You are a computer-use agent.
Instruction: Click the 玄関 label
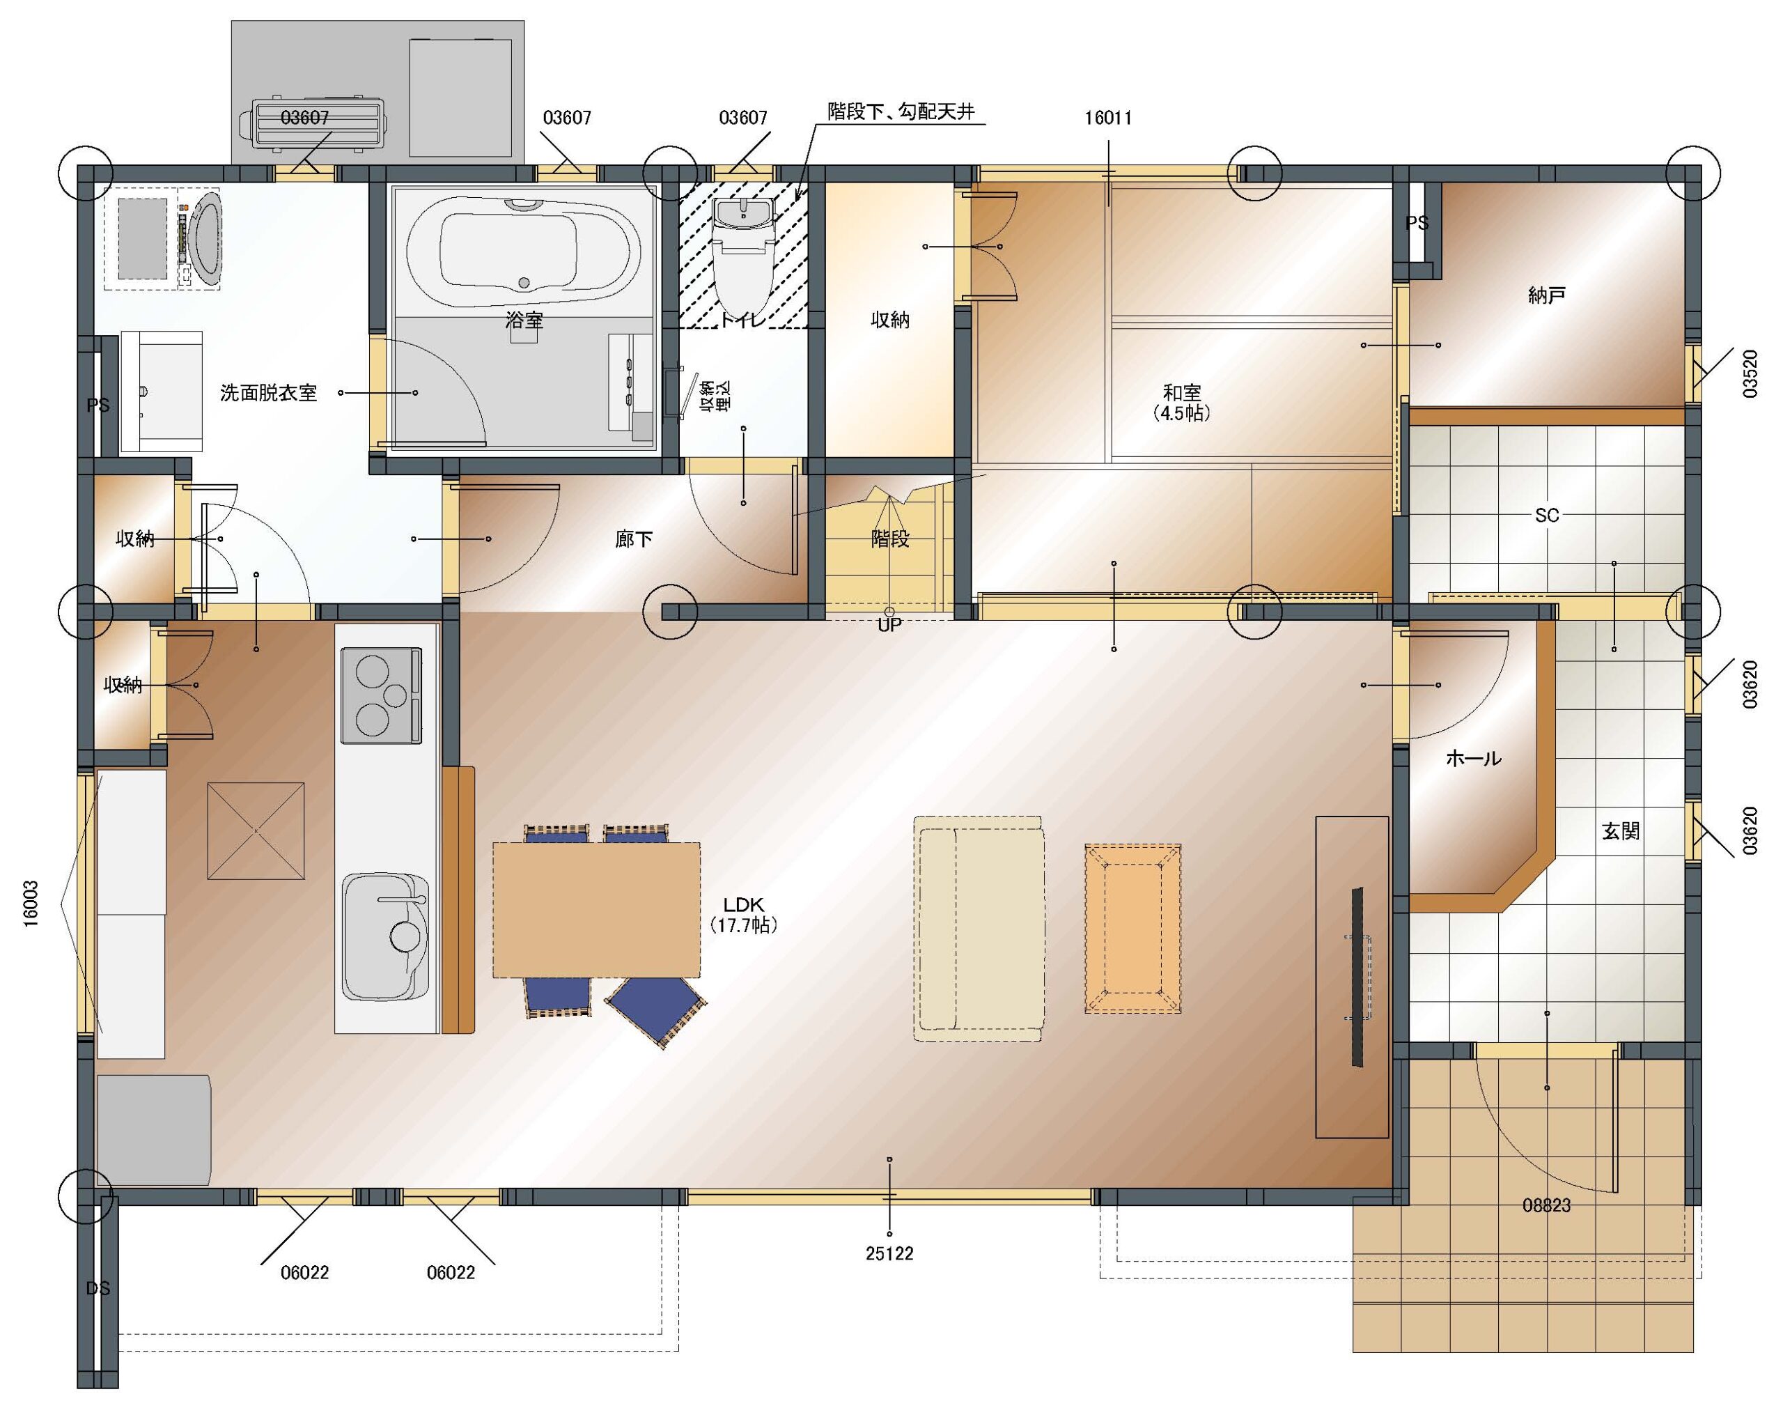(1620, 831)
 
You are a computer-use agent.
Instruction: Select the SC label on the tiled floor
(1546, 516)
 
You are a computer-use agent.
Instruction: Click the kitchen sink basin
(386, 936)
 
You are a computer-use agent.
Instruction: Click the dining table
(596, 909)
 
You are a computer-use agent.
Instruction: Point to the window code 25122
(890, 1253)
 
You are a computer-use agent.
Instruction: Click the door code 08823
(1546, 1205)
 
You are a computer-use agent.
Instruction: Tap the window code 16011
(1108, 118)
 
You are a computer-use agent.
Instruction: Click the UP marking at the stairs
(890, 625)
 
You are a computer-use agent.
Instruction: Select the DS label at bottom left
(98, 1287)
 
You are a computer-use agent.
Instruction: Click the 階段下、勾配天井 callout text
(901, 111)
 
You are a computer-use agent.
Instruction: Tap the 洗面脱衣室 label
(269, 392)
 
